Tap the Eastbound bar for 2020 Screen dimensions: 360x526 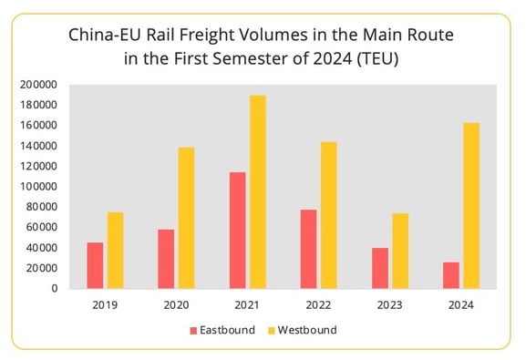(166, 259)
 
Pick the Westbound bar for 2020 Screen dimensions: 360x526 (186, 218)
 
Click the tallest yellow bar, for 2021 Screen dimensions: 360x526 (258, 192)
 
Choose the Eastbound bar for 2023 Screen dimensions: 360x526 (380, 268)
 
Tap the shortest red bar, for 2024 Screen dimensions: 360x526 (451, 274)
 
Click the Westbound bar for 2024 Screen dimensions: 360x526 (471, 206)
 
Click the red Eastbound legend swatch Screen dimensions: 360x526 (193, 330)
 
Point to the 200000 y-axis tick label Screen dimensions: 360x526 (40, 85)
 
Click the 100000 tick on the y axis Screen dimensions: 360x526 (40, 187)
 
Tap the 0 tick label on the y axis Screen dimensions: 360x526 (55, 289)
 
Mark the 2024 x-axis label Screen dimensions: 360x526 (461, 305)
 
